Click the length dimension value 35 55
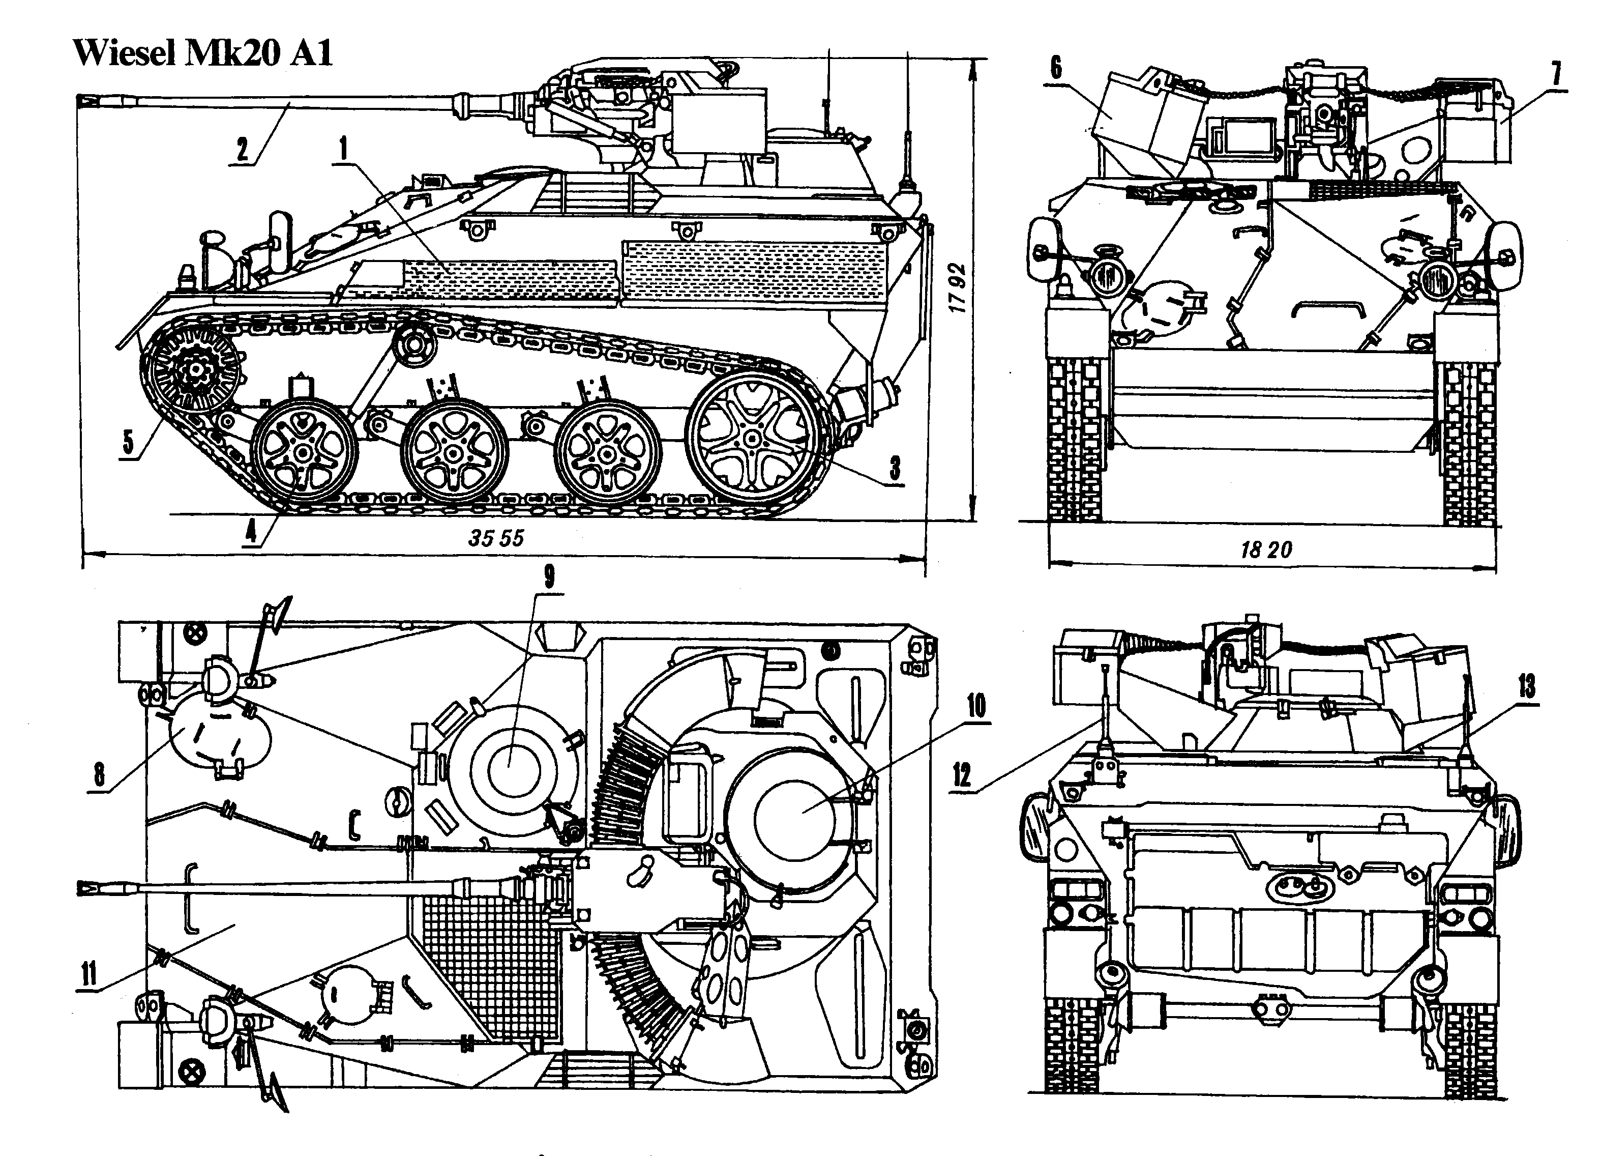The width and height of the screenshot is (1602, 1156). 496,538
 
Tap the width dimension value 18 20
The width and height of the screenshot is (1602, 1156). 1266,549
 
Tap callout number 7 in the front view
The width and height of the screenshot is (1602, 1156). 1556,75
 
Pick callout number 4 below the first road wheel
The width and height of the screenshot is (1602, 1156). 251,531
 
